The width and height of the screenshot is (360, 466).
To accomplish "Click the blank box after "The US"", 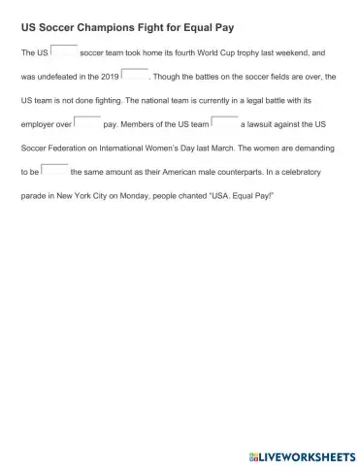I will (x=64, y=49).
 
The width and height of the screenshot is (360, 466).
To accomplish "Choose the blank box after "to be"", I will (x=55, y=169).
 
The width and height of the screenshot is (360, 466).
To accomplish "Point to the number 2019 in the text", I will (x=110, y=77).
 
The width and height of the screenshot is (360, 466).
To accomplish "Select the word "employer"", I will (x=38, y=125).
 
